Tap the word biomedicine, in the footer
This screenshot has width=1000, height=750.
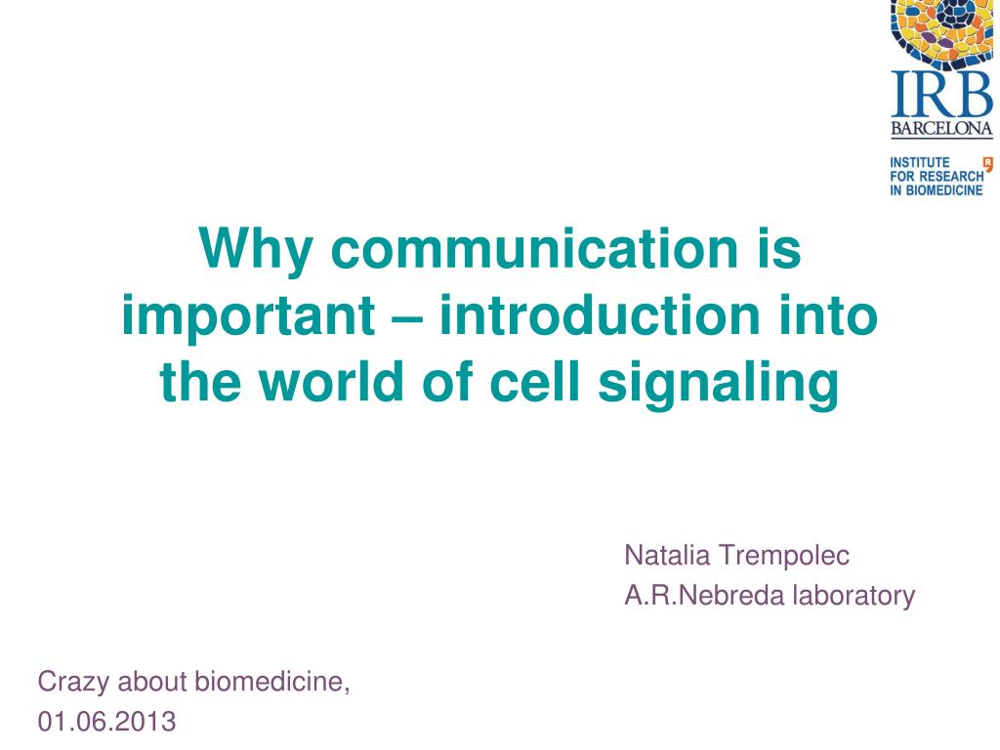coord(272,681)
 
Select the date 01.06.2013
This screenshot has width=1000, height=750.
coord(106,722)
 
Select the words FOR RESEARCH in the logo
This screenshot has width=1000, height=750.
coord(936,176)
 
